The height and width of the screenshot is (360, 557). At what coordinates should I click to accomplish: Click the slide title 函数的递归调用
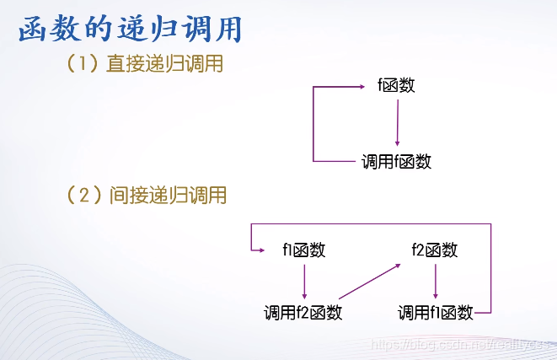click(x=131, y=30)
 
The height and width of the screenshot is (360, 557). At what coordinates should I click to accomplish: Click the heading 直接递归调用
click(x=164, y=64)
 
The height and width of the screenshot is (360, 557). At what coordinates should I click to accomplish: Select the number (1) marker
click(x=84, y=64)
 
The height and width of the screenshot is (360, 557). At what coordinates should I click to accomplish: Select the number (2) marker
click(x=84, y=196)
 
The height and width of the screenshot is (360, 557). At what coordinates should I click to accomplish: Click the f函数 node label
click(x=396, y=85)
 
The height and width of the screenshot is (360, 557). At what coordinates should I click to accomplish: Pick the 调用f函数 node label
click(x=396, y=161)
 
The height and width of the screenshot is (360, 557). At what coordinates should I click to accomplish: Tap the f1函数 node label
click(x=303, y=250)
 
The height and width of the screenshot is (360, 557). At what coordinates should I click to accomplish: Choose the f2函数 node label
click(x=434, y=250)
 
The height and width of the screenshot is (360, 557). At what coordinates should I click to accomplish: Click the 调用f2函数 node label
click(x=303, y=313)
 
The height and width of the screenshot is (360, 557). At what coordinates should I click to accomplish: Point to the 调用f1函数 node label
click(x=435, y=313)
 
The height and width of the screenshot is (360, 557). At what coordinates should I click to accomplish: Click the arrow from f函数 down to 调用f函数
click(x=396, y=122)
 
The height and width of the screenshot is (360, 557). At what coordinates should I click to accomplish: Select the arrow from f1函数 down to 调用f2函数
click(x=303, y=281)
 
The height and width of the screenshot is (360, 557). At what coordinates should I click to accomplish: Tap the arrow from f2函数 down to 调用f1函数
click(x=434, y=281)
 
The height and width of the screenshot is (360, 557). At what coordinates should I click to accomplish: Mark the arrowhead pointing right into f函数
click(x=372, y=85)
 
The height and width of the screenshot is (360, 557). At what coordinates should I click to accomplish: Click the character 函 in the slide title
click(x=35, y=30)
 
